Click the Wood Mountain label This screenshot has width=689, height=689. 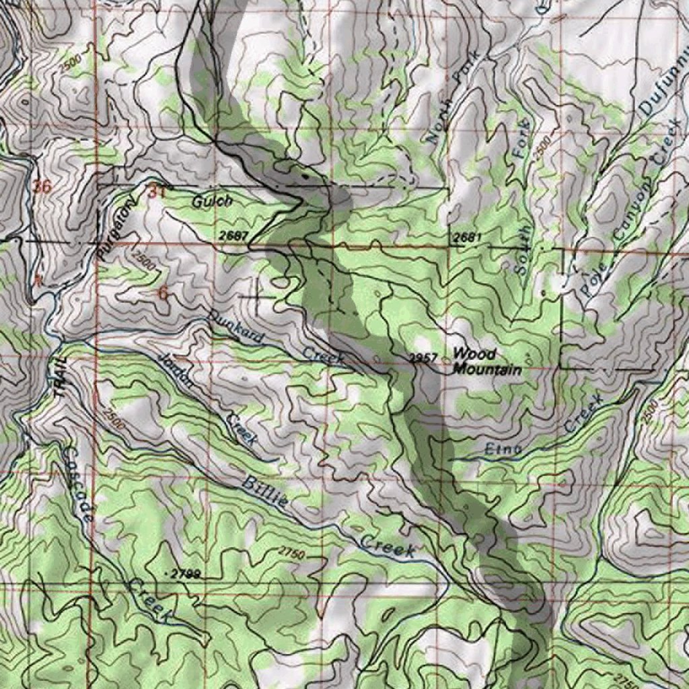[486, 362]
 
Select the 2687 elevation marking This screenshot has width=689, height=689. [233, 236]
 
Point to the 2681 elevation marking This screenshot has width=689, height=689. [467, 238]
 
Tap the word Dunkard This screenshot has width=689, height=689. [236, 328]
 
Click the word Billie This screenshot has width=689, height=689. [266, 492]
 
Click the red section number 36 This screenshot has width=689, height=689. [42, 187]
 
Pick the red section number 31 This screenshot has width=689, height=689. [156, 191]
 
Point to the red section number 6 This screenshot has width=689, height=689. [163, 292]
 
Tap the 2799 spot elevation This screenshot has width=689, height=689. [186, 574]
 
